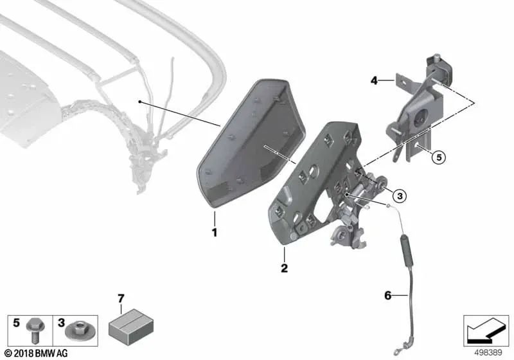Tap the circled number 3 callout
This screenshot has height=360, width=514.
398,195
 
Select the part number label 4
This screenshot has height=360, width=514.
373,81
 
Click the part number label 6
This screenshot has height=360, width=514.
387,296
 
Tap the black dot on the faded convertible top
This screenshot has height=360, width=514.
139,102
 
